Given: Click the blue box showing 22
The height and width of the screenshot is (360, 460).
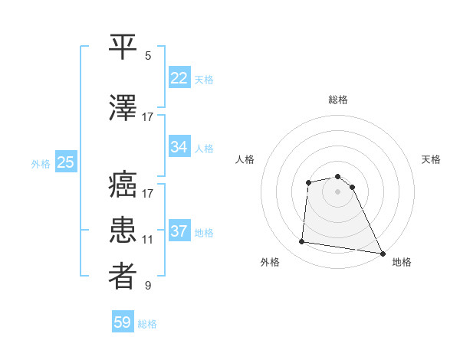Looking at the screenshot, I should point(179,79).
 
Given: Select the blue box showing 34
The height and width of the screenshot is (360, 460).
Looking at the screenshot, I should point(179,147).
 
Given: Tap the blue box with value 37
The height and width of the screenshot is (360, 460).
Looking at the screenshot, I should point(179,232).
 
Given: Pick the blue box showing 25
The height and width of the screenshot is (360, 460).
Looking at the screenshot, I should point(66,162).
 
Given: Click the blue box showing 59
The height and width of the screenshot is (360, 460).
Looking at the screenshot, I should point(123,322).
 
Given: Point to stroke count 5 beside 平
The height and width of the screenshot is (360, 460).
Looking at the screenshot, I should point(148,56).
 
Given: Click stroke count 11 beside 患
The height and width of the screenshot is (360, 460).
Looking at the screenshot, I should point(147,240).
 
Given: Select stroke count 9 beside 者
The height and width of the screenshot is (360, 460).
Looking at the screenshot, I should point(148,286).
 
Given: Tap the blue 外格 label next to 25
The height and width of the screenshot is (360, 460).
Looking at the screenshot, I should point(41,163).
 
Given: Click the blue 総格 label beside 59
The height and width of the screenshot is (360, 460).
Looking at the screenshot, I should point(147,324).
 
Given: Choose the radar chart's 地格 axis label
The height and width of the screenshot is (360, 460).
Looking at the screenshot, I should point(402,262).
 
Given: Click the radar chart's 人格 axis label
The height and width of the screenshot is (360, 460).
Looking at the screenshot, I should point(245,159).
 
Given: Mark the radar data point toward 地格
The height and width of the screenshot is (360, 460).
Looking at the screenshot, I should point(383,253).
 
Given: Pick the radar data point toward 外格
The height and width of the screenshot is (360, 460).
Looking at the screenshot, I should point(302,242).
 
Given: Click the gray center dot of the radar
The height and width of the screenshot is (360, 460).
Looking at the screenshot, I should point(337,191).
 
